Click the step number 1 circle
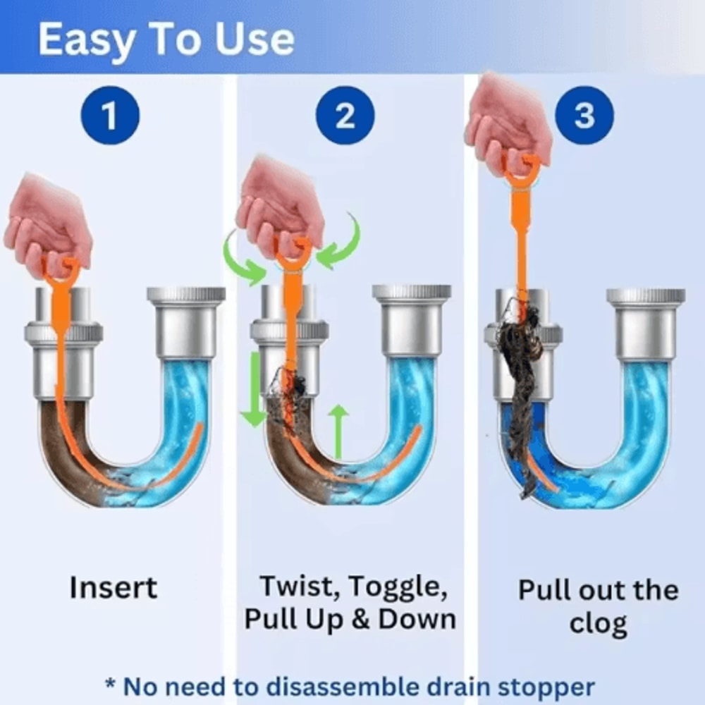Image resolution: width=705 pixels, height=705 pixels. [x=110, y=116]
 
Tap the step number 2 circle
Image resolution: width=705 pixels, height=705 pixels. [x=345, y=116]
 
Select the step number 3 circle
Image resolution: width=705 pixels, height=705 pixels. [x=584, y=116]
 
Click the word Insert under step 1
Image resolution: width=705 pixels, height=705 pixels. [x=114, y=587]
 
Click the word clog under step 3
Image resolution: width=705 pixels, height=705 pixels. [x=599, y=623]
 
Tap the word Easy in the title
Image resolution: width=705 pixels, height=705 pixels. [x=85, y=40]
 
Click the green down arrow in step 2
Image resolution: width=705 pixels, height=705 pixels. [x=252, y=391]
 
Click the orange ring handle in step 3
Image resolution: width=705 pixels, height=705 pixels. [x=522, y=170]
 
